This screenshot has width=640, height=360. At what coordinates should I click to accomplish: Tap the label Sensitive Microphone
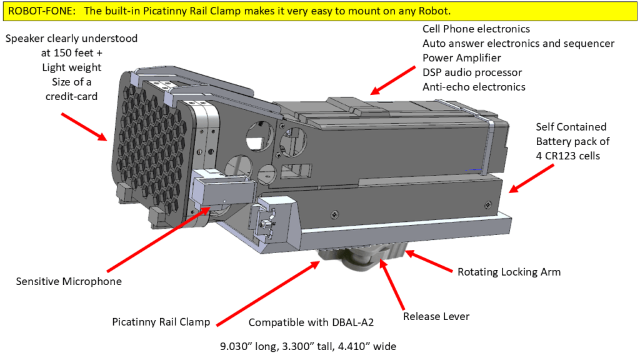tap(69, 281)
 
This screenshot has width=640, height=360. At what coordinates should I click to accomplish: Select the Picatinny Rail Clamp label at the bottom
tap(161, 322)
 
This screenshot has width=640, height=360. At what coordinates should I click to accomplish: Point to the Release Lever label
tap(436, 316)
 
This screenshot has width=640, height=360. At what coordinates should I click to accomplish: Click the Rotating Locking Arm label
tap(509, 272)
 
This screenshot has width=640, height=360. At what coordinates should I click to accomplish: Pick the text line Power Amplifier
tap(462, 58)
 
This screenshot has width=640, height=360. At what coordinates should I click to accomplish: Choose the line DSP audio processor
tap(472, 72)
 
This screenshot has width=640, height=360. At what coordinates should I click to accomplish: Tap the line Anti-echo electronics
tap(474, 87)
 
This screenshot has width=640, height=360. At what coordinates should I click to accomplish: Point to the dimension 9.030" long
tap(244, 346)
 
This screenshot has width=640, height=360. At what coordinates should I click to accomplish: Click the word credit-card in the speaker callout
tap(71, 96)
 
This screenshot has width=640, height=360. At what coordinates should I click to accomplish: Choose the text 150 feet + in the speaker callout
tap(71, 53)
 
